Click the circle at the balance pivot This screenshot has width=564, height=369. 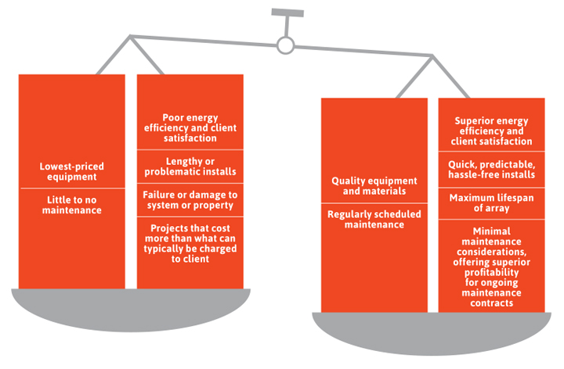coord(286,45)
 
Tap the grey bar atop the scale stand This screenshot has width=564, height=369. coord(287,13)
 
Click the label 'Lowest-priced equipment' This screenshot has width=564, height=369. coord(72,171)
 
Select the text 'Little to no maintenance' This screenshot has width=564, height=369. coord(72,205)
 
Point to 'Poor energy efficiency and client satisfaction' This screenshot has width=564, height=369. coord(190,127)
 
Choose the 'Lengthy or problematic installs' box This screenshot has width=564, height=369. coord(190,167)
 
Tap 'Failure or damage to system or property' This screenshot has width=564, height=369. coord(190,200)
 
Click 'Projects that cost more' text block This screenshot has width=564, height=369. coord(190,243)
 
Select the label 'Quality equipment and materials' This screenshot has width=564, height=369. coord(374,186)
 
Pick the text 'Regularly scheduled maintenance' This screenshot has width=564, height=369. coord(374,220)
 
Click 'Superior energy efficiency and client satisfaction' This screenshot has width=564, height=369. coord(491,131)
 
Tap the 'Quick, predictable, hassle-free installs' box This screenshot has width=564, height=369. coord(491,170)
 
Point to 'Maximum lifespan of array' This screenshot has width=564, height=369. coord(491,202)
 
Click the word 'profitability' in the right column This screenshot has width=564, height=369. coord(491,272)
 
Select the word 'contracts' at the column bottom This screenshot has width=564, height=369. coord(491,303)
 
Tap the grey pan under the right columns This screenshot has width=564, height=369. coord(432,334)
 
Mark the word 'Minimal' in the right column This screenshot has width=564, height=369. coord(491,231)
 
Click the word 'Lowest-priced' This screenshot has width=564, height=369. coord(72,167)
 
